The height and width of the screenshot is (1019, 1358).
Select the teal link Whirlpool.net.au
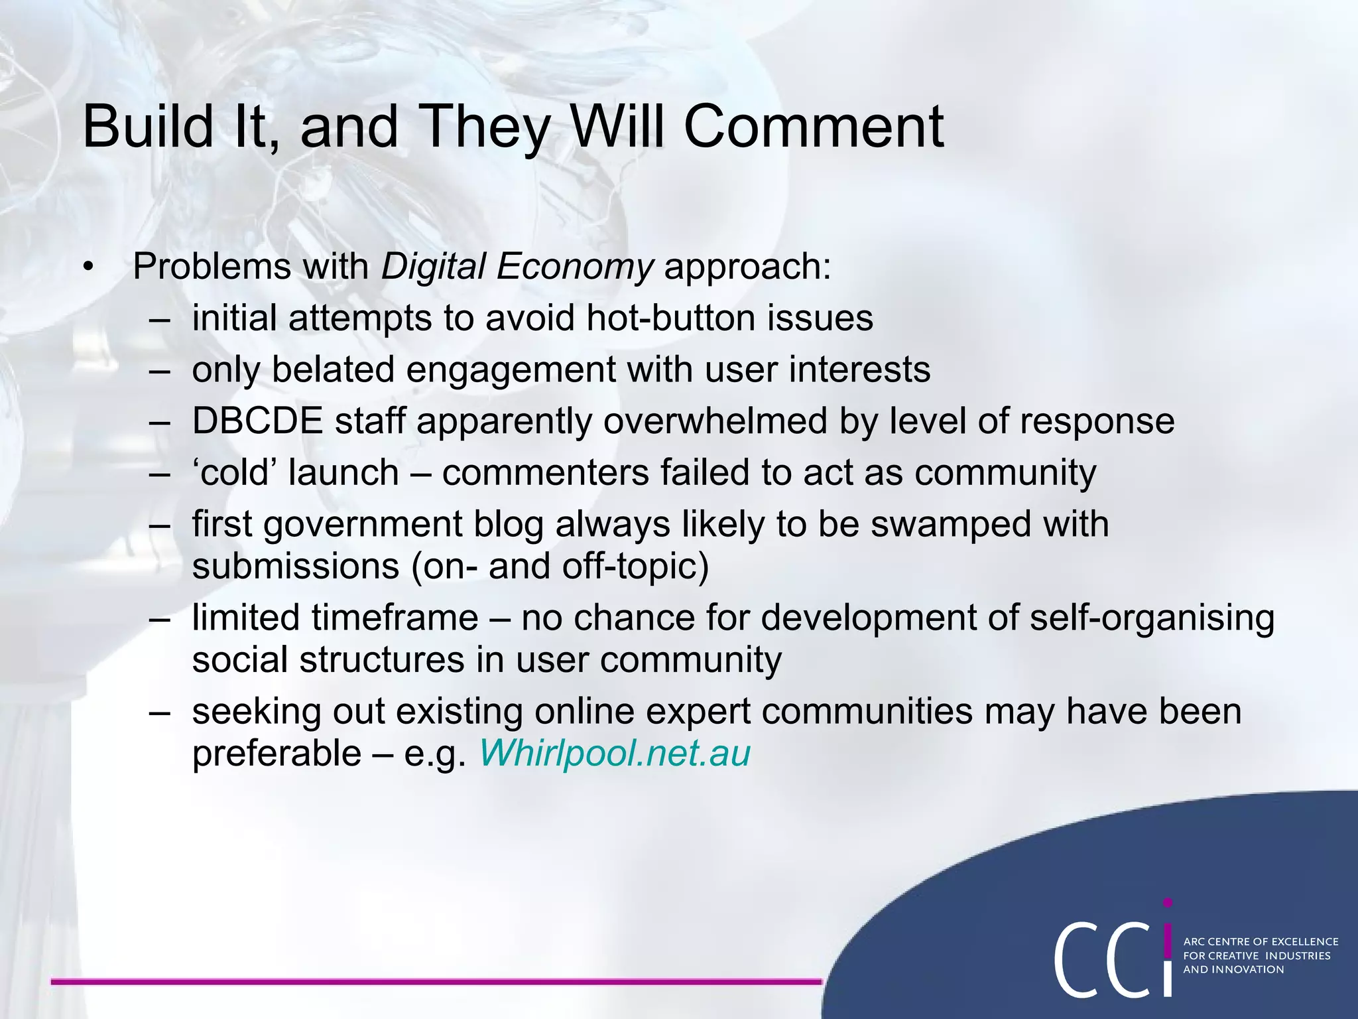614,754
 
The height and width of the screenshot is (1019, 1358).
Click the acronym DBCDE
257,421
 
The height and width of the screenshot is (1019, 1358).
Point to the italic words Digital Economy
517,267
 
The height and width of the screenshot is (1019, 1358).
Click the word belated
333,370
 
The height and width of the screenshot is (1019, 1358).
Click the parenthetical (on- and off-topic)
560,567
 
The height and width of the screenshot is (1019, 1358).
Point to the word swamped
950,525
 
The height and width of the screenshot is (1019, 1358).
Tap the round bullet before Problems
90,268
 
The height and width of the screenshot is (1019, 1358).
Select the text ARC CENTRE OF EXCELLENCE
1261,941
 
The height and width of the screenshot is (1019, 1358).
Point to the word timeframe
395,618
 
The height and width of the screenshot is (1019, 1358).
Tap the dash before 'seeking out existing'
159,712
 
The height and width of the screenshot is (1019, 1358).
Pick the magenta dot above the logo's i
1168,903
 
